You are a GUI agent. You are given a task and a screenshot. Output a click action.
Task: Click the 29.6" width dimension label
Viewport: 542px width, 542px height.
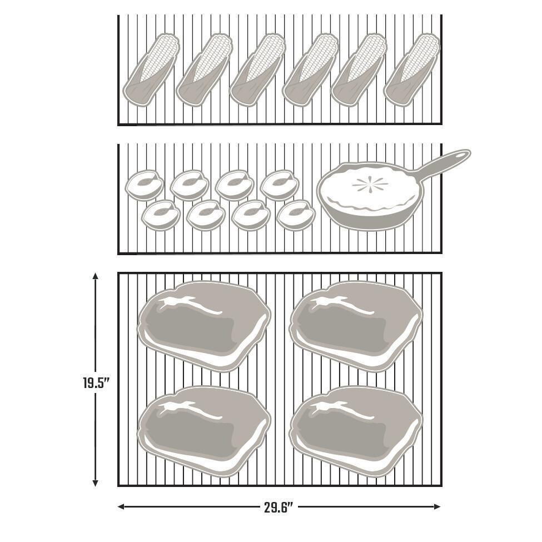[278, 507]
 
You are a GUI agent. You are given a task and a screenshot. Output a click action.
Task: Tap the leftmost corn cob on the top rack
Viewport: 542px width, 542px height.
[151, 70]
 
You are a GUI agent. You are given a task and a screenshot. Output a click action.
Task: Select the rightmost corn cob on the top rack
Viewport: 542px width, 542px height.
[412, 70]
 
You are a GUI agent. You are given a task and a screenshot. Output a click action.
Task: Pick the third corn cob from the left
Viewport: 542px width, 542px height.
[257, 70]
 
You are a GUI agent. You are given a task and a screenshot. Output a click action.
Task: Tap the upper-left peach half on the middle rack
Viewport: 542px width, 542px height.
[145, 185]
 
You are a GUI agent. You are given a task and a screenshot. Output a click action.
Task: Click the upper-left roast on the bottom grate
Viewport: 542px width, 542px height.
[204, 325]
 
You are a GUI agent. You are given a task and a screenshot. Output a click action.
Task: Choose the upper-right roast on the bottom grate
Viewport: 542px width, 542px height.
[356, 325]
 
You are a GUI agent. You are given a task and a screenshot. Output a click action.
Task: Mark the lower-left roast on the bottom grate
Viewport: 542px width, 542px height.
[204, 430]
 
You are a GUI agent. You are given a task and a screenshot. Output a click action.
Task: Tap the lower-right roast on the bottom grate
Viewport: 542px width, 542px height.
[356, 430]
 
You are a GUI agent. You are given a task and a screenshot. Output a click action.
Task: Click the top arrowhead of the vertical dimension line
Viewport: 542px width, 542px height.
[96, 276]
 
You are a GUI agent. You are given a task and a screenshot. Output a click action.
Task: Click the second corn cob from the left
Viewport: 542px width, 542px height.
[204, 70]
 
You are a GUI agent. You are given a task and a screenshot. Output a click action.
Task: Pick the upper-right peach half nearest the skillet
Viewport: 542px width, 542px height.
[279, 185]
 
